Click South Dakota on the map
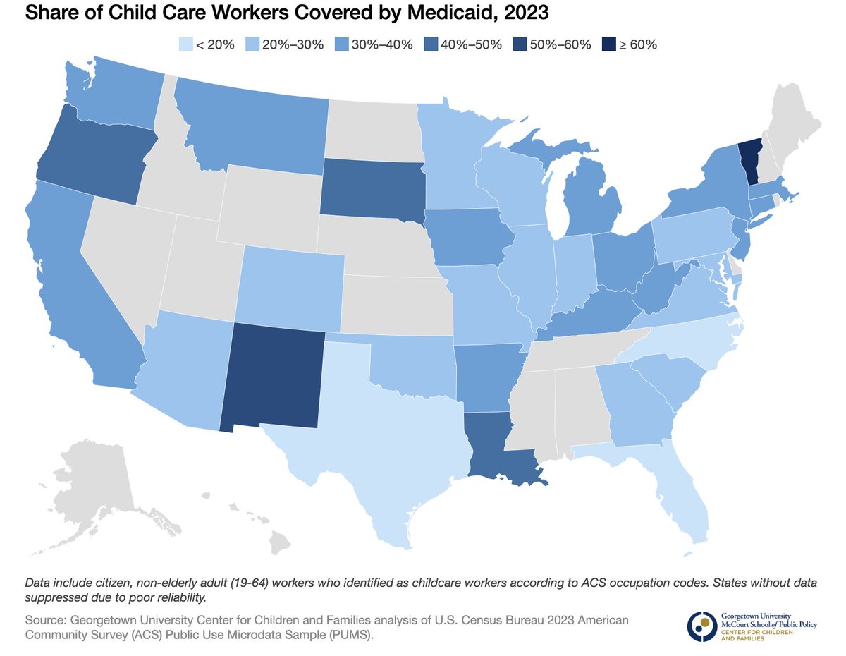(x=372, y=187)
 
